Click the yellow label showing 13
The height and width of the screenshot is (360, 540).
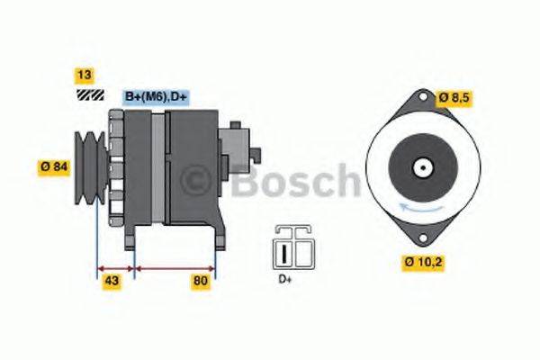click(85, 75)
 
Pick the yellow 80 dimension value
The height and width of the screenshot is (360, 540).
click(201, 283)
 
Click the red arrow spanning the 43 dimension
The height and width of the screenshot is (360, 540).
click(114, 268)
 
